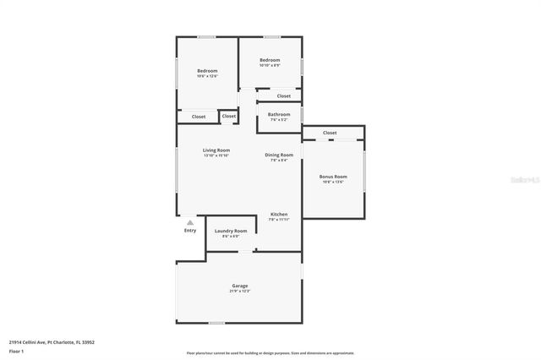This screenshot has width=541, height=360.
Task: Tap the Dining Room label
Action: (x=279, y=155)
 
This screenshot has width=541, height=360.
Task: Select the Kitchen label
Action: (x=279, y=215)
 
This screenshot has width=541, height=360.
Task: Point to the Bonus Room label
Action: (x=332, y=177)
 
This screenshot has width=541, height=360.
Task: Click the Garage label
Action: (x=240, y=286)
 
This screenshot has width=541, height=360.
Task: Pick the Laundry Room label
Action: (x=231, y=231)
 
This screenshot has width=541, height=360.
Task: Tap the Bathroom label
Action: (x=279, y=114)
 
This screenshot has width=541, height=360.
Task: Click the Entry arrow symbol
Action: (x=190, y=223)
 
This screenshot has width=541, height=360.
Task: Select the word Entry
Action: (x=190, y=231)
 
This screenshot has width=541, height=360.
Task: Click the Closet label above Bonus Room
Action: (x=330, y=133)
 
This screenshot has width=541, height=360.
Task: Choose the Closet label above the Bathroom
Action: (x=284, y=95)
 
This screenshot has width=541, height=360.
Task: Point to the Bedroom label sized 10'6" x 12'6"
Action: (x=208, y=70)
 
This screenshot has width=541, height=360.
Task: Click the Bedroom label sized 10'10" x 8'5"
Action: (x=270, y=60)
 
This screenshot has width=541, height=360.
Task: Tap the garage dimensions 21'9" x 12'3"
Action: (x=240, y=292)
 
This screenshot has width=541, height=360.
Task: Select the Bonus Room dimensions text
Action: (x=332, y=182)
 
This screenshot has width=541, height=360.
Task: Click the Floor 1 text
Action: (x=17, y=350)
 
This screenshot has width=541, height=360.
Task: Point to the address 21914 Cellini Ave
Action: (x=52, y=342)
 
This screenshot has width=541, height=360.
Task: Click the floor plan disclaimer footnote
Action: (x=270, y=353)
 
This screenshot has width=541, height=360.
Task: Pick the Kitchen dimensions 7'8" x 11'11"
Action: (x=279, y=220)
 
